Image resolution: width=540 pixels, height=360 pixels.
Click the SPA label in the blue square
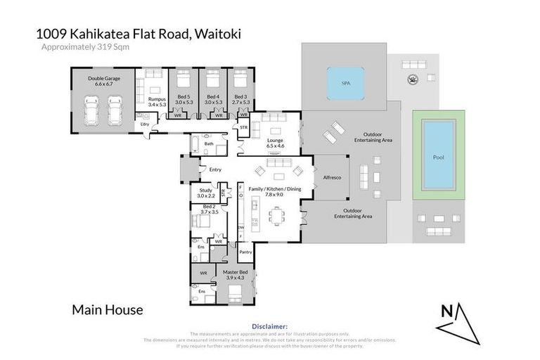[x=345, y=83]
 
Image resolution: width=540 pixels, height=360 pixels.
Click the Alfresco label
[x=332, y=178]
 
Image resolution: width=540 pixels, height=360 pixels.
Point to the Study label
[x=205, y=191]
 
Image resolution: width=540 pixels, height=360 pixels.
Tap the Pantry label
[x=245, y=252]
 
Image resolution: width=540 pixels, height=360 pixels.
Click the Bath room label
[x=209, y=144]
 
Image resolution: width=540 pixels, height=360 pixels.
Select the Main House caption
[x=108, y=309]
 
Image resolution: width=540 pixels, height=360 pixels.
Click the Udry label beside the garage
[x=146, y=124]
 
